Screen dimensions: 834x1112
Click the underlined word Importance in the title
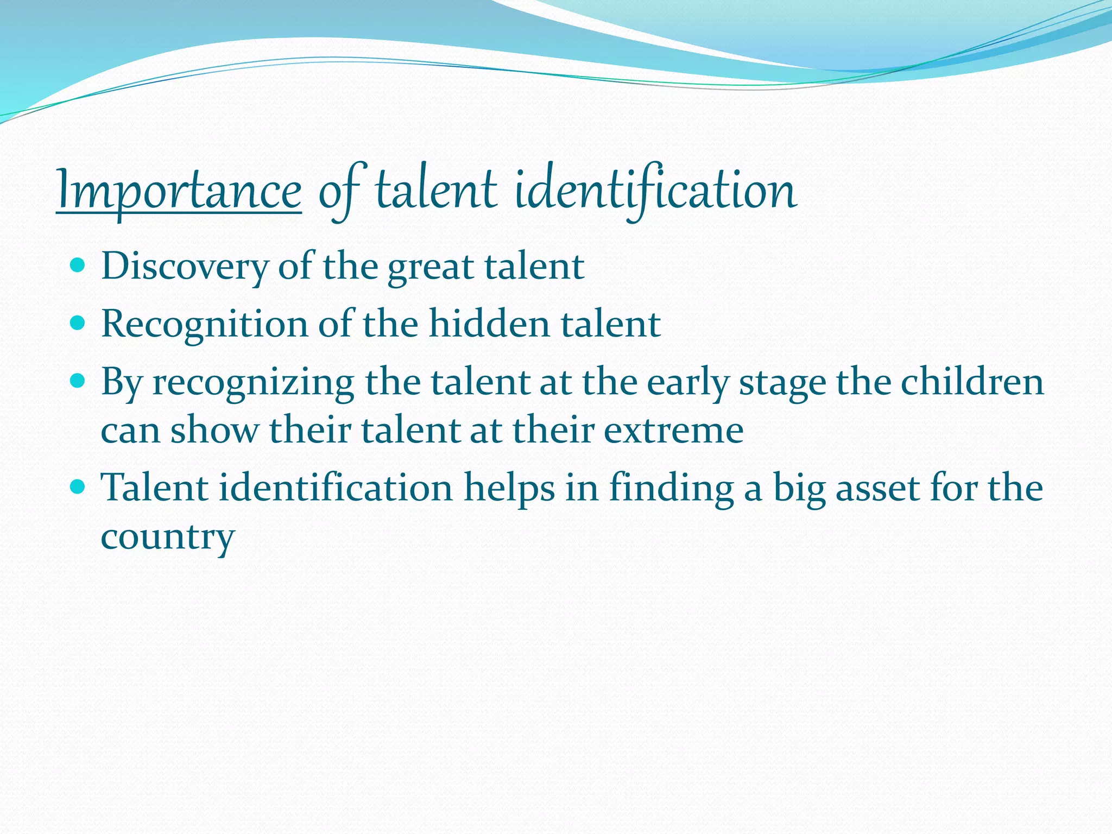[179, 190]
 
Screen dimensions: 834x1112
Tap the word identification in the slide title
[655, 190]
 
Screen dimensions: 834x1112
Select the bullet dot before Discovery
[78, 266]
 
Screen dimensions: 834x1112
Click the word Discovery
[185, 267]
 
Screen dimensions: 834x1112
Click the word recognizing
[253, 382]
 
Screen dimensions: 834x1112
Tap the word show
[215, 430]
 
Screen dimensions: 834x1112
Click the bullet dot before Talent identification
[78, 486]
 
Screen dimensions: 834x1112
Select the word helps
[509, 488]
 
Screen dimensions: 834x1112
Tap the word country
[168, 536]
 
